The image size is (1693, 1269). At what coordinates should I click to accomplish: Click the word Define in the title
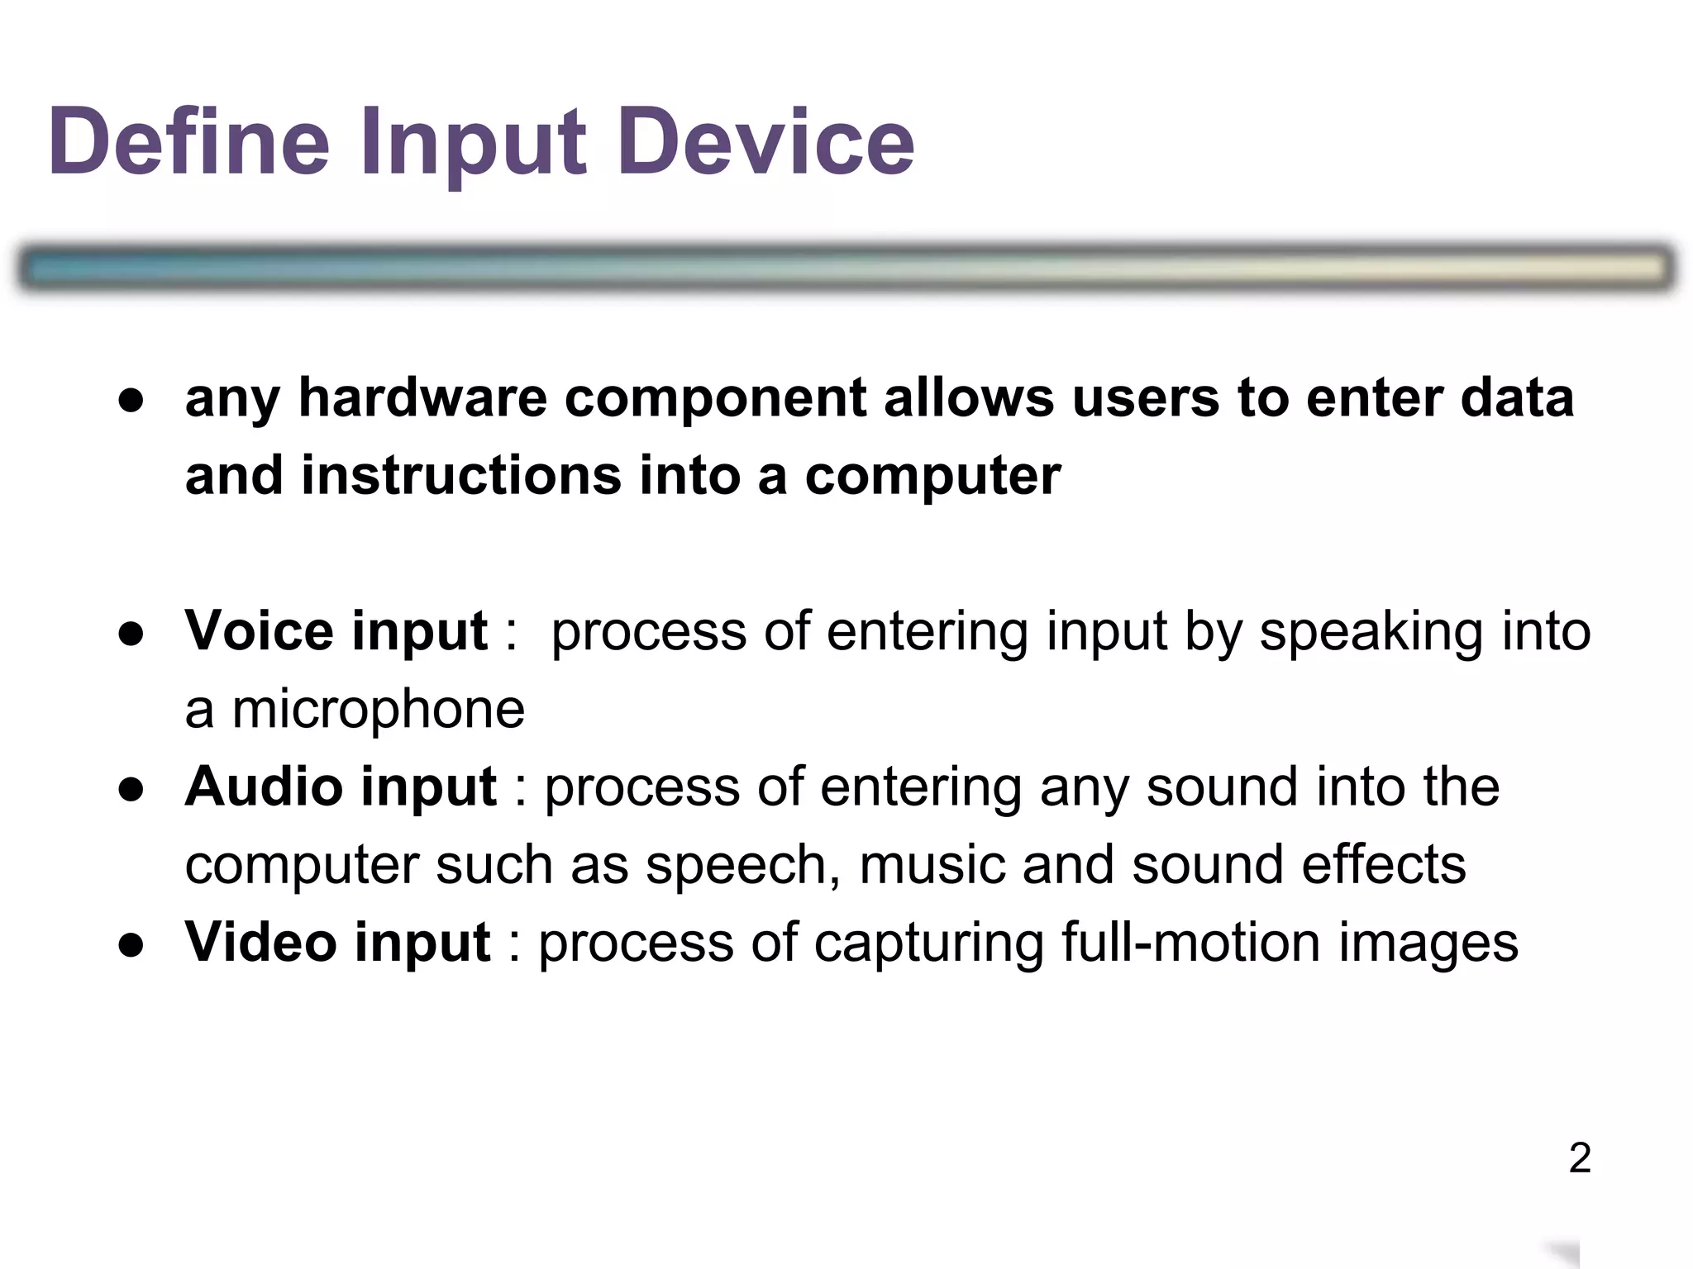pyautogui.click(x=189, y=142)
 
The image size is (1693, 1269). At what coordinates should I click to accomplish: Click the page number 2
pyautogui.click(x=1580, y=1158)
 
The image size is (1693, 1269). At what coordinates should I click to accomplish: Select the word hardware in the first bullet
pyautogui.click(x=422, y=398)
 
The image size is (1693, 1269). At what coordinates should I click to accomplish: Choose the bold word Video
pyautogui.click(x=258, y=942)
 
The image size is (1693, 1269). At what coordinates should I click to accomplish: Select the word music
pyautogui.click(x=932, y=865)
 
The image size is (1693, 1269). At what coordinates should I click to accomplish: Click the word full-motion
pyautogui.click(x=1191, y=942)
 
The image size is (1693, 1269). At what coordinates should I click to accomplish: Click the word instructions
pyautogui.click(x=460, y=476)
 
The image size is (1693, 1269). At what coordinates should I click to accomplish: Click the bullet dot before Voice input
pyautogui.click(x=131, y=634)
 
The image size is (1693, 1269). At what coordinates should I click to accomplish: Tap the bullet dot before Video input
pyautogui.click(x=131, y=944)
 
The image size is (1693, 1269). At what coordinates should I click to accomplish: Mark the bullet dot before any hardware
pyautogui.click(x=131, y=401)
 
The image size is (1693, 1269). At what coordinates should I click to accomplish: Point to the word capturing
pyautogui.click(x=928, y=943)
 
